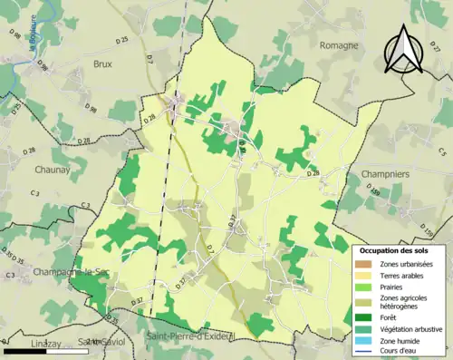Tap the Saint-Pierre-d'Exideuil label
pos(190,337)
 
